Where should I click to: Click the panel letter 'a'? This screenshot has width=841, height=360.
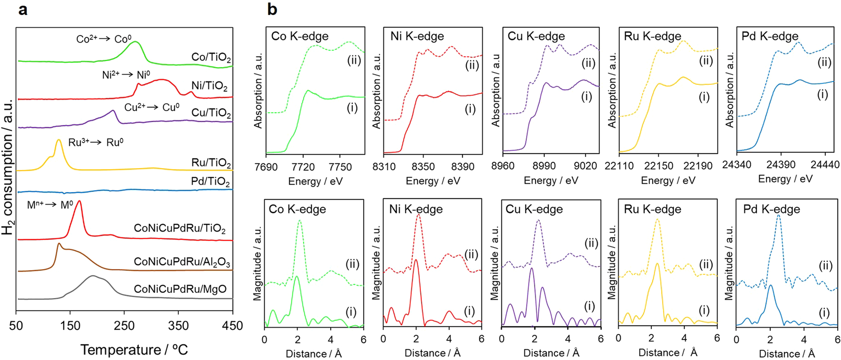click(23, 9)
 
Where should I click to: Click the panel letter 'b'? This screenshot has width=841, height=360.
click(272, 9)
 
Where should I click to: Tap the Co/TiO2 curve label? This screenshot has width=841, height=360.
click(211, 57)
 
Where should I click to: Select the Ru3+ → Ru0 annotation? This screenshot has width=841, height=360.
click(96, 142)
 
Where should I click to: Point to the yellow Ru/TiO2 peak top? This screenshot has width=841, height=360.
click(59, 140)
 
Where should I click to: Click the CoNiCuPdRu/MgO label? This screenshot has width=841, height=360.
click(180, 289)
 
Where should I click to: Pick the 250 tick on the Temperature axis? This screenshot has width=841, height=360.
click(124, 325)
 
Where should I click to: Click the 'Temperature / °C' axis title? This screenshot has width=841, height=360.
click(134, 349)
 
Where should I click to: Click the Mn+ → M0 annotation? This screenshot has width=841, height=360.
click(50, 205)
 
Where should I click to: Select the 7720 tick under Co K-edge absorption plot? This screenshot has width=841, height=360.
click(303, 167)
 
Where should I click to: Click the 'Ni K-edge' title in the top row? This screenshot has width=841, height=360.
click(417, 36)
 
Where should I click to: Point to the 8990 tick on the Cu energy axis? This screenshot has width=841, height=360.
click(544, 166)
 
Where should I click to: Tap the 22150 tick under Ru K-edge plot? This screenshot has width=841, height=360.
click(658, 166)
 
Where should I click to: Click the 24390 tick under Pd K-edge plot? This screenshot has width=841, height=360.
click(781, 165)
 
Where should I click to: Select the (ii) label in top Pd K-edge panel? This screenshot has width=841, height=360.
click(824, 63)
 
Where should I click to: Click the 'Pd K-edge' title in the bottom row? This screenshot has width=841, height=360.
click(771, 210)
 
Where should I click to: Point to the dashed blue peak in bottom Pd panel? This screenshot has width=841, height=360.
click(778, 216)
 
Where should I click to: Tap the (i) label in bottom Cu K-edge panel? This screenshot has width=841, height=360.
click(589, 306)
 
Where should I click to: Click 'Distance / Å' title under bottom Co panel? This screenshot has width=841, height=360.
click(314, 353)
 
